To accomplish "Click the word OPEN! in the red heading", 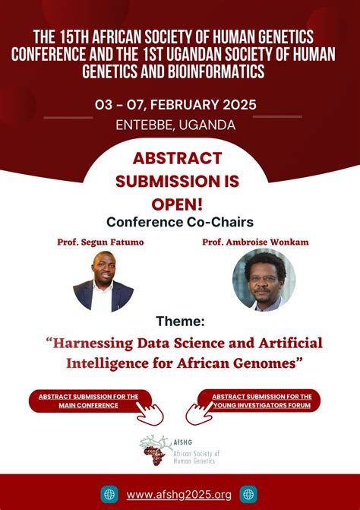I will [179, 203].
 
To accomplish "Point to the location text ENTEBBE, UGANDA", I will [179, 125].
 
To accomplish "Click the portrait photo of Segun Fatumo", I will [103, 281].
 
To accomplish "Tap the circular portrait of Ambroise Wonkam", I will [264, 280].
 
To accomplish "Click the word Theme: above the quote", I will [180, 322].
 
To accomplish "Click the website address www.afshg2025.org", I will [179, 494].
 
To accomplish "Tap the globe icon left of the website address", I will [110, 494].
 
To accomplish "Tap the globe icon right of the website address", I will [248, 494].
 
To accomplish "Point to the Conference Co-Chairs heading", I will [179, 222].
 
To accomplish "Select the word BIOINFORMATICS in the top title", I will [222, 71].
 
